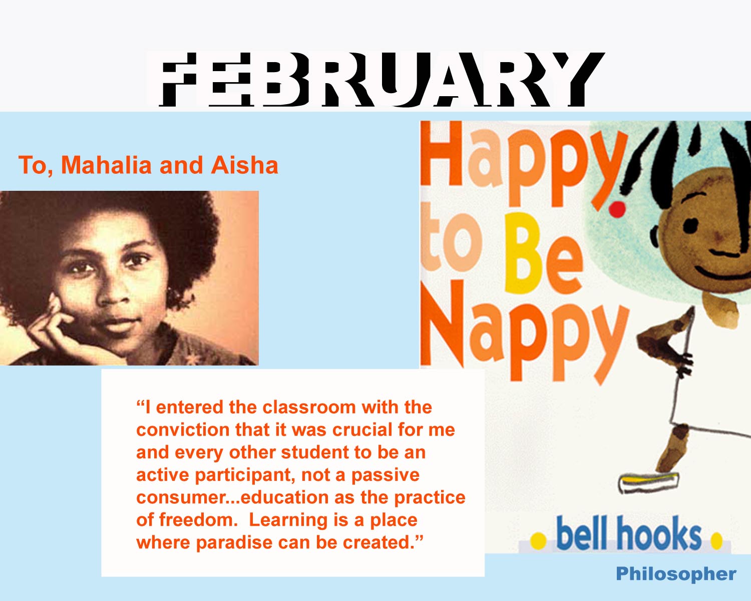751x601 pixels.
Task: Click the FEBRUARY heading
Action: coord(382,80)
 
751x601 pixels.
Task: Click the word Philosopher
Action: coord(676,574)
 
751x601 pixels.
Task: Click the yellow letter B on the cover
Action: coord(521,253)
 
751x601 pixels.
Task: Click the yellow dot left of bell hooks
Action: coord(538,541)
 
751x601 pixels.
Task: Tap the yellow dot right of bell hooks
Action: coord(716,541)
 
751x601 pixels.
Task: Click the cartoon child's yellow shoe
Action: coord(648,482)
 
